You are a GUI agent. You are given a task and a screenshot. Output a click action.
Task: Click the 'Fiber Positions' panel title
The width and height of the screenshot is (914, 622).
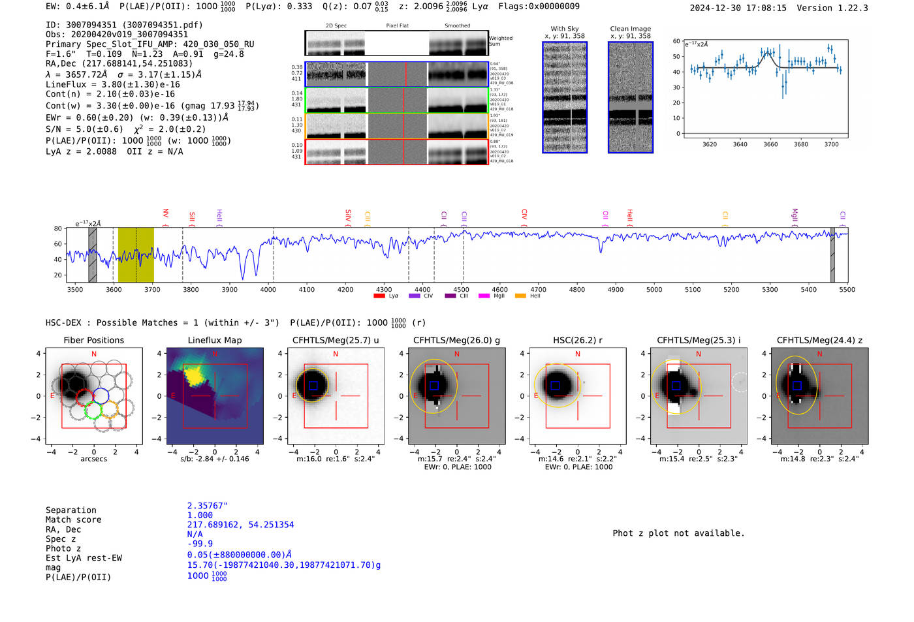tap(93, 340)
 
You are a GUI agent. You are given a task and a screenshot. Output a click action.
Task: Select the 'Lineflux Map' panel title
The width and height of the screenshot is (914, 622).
tap(214, 340)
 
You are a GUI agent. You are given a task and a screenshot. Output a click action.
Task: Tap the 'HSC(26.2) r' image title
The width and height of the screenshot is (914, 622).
tap(577, 340)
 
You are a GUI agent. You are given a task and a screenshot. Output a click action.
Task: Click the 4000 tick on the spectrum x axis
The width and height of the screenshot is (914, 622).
tap(268, 289)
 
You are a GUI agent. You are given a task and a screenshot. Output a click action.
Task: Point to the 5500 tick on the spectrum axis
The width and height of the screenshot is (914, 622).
tap(847, 289)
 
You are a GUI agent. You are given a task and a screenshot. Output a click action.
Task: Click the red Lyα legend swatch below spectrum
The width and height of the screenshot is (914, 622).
tap(379, 296)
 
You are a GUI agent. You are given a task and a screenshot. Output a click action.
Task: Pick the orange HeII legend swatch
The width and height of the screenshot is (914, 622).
tap(520, 296)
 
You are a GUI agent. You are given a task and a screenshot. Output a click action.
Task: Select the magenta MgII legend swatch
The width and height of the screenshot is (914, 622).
tap(484, 296)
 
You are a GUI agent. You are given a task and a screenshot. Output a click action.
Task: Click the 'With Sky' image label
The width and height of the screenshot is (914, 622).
tap(564, 29)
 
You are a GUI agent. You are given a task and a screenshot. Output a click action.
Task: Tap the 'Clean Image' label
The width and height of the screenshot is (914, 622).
tap(630, 29)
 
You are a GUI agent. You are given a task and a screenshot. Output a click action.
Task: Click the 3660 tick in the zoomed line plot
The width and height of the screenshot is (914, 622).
tap(770, 144)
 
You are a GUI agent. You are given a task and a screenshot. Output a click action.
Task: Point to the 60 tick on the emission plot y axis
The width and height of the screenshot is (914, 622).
tap(676, 41)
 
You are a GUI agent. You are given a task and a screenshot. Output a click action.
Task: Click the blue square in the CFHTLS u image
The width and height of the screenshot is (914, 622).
tap(313, 386)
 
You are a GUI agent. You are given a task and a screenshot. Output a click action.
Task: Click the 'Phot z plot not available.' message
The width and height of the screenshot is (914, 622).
tap(678, 533)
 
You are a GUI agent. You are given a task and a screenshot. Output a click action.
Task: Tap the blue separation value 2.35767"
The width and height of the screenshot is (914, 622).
tap(207, 506)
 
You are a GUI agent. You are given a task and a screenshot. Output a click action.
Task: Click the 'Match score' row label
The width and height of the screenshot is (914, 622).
tap(73, 520)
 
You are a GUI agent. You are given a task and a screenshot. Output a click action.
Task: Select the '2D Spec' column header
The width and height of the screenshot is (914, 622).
tap(336, 26)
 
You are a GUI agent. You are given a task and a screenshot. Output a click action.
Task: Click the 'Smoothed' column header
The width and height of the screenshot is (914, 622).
tap(457, 26)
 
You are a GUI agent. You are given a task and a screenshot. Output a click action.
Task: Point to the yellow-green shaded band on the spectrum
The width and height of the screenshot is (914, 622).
tap(136, 255)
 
